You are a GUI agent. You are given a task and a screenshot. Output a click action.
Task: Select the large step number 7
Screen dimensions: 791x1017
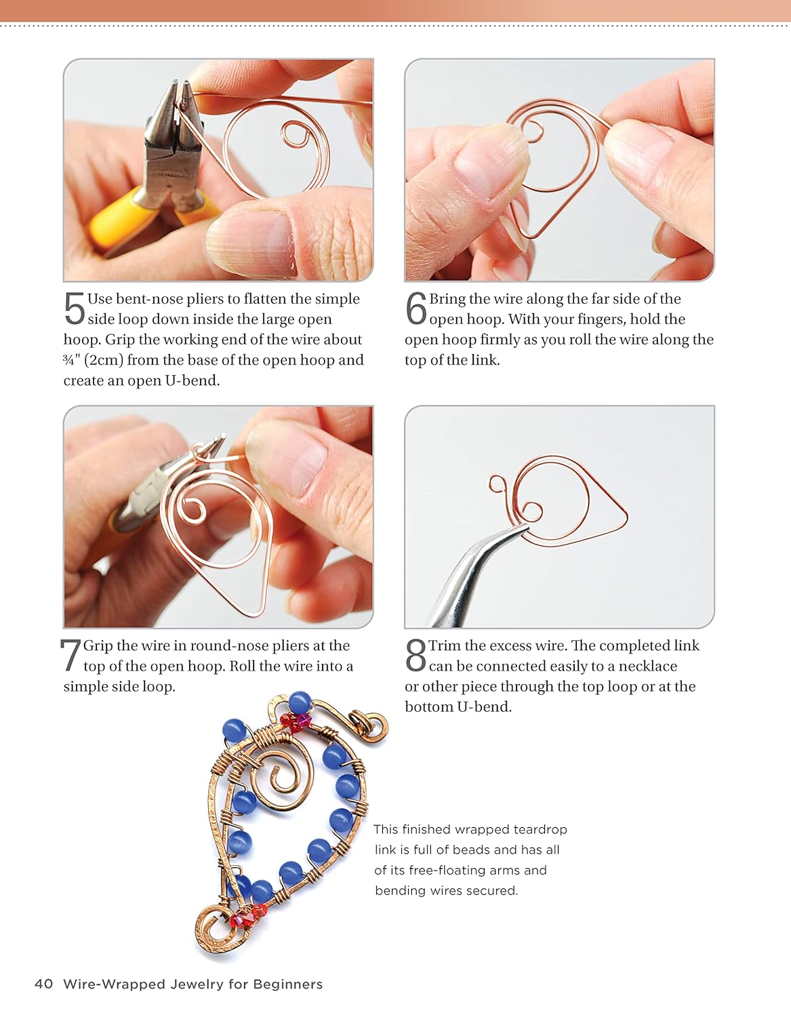[x=70, y=655]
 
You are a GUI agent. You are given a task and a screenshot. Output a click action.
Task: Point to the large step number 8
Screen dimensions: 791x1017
[x=415, y=655]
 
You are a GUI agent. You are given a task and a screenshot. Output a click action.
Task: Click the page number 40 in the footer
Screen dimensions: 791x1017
[x=43, y=984]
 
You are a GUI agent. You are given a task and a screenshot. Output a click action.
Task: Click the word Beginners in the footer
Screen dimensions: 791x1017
[x=287, y=984]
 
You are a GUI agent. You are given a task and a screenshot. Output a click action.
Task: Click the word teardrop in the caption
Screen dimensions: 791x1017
[x=540, y=829]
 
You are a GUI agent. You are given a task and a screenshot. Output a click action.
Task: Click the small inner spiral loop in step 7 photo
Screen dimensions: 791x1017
[x=192, y=511]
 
